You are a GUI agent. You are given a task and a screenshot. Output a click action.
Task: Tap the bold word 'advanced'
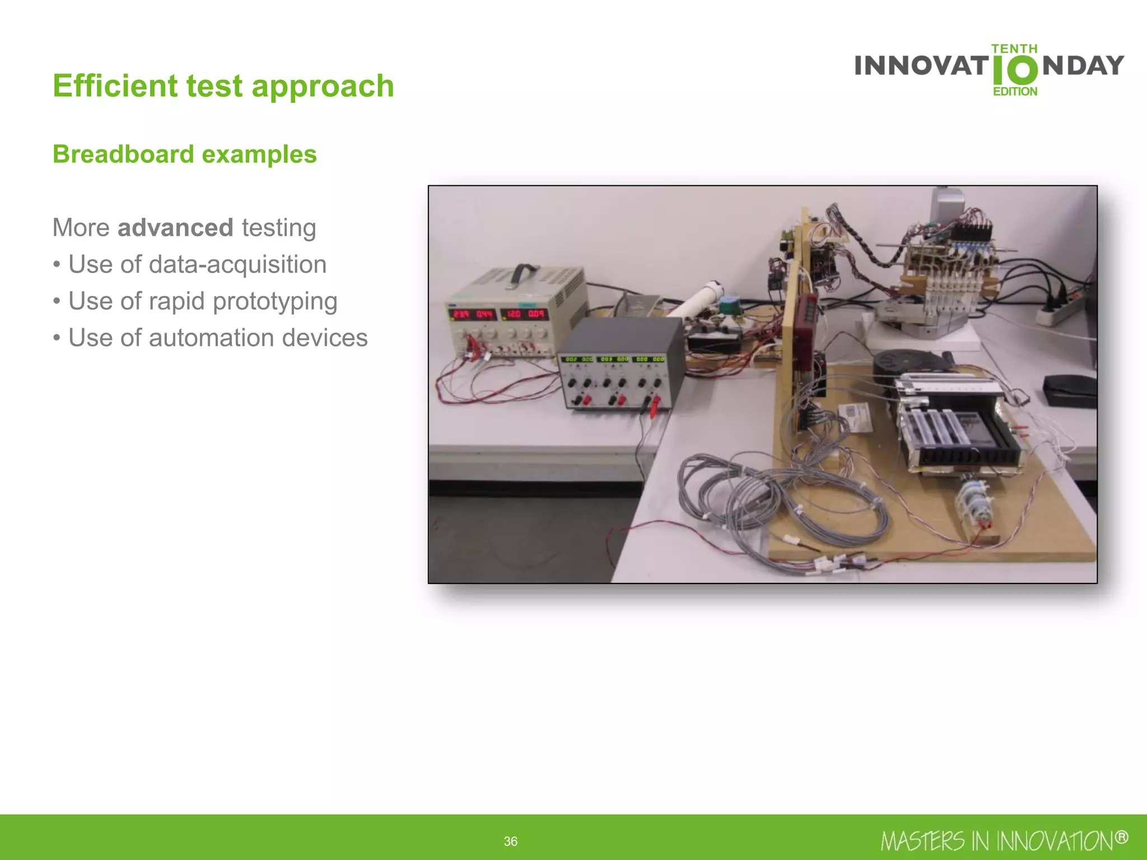click(175, 228)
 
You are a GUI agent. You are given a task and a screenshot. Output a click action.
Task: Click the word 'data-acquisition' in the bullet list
click(237, 264)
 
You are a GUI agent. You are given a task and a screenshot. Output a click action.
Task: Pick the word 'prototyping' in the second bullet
click(275, 301)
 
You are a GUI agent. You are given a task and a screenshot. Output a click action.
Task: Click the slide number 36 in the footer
click(510, 841)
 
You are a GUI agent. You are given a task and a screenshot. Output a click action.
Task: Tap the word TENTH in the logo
click(1014, 49)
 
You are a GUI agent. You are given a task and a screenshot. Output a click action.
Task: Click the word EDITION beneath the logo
click(1015, 91)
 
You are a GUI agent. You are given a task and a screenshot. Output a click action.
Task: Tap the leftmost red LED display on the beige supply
click(461, 314)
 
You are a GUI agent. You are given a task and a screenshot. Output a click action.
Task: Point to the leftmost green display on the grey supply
click(571, 359)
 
